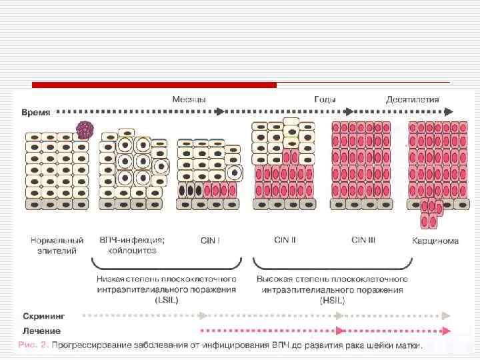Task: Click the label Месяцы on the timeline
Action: click(189, 99)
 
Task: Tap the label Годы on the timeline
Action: click(325, 99)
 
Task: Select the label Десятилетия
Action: click(413, 100)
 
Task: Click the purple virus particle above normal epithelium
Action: click(84, 129)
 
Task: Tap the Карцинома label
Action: click(435, 241)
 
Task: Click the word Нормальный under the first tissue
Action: click(57, 240)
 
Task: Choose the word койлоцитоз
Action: click(132, 251)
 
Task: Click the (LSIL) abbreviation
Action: click(173, 300)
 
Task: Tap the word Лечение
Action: click(41, 331)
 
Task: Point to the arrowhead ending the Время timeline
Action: click(450, 111)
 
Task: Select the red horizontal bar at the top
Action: click(154, 85)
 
